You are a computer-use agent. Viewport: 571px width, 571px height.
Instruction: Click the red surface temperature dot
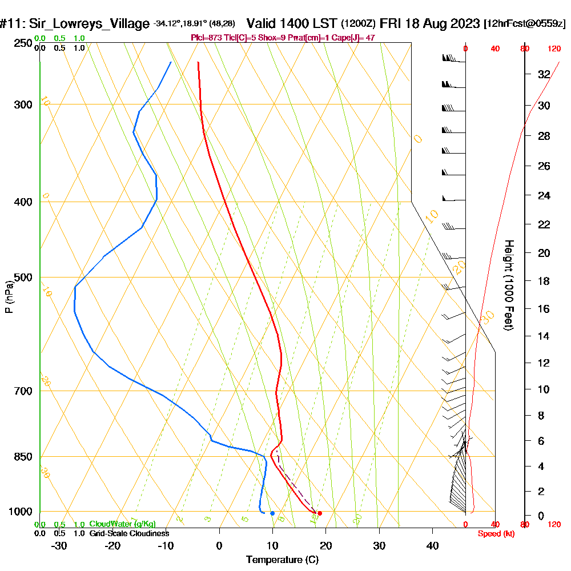320,513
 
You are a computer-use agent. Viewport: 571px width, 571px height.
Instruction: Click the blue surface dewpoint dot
272,513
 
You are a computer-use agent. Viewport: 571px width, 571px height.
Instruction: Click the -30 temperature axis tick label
59,546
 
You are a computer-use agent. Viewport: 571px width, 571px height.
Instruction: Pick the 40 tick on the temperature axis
432,546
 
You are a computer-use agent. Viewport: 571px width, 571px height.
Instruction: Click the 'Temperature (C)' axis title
282,560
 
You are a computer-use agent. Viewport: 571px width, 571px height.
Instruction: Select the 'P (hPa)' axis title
9,296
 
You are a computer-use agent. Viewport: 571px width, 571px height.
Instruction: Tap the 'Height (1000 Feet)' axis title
508,284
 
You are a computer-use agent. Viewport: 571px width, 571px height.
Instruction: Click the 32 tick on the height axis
544,74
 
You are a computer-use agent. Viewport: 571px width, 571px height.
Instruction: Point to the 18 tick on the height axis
544,281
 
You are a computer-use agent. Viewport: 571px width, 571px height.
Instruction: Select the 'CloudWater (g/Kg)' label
122,524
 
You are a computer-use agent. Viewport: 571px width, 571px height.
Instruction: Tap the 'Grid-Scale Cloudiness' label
129,533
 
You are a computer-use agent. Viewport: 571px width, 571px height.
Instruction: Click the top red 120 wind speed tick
553,49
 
